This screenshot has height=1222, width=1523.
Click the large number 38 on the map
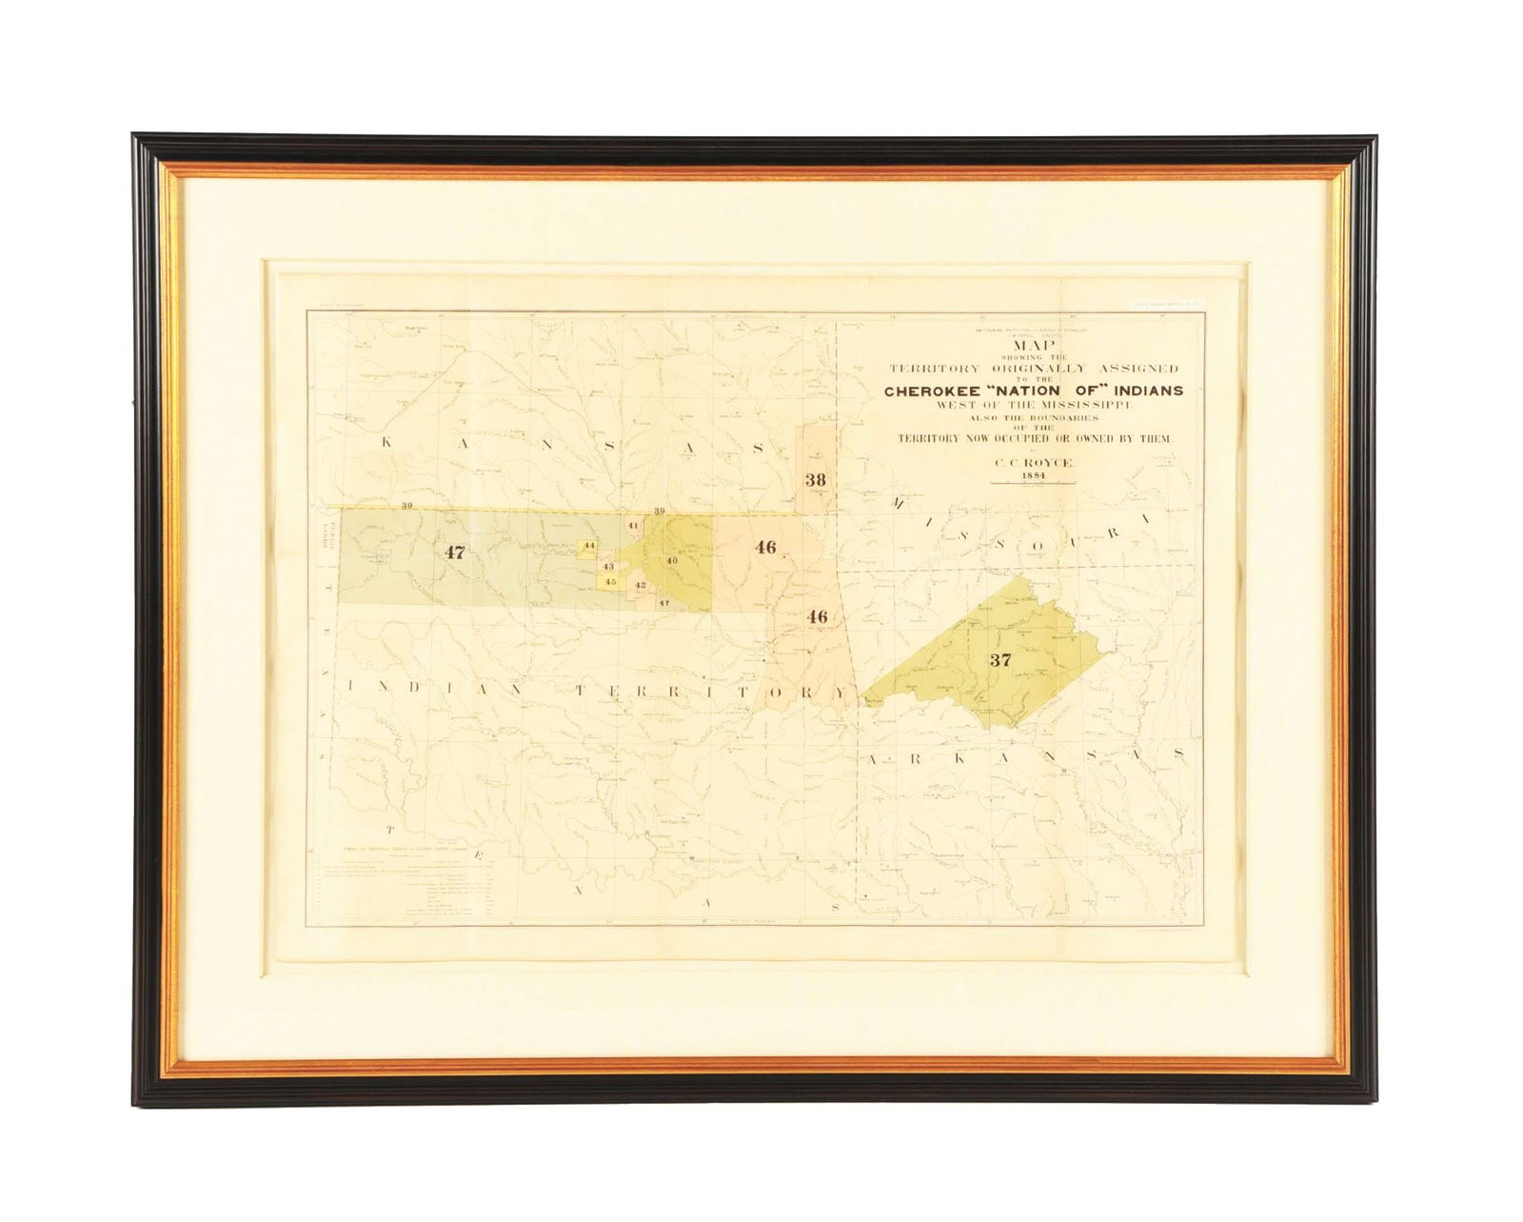(x=815, y=480)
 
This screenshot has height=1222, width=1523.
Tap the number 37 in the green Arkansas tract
(x=999, y=660)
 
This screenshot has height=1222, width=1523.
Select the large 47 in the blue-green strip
(x=455, y=551)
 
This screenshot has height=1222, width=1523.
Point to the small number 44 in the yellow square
(x=589, y=546)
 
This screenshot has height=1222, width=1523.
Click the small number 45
(x=611, y=582)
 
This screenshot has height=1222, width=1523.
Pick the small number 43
(x=608, y=566)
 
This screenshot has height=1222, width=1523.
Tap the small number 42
(x=640, y=585)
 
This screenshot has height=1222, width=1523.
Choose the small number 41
(x=632, y=525)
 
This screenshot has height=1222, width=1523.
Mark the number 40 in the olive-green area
(x=671, y=560)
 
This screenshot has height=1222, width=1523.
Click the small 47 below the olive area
(x=664, y=603)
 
